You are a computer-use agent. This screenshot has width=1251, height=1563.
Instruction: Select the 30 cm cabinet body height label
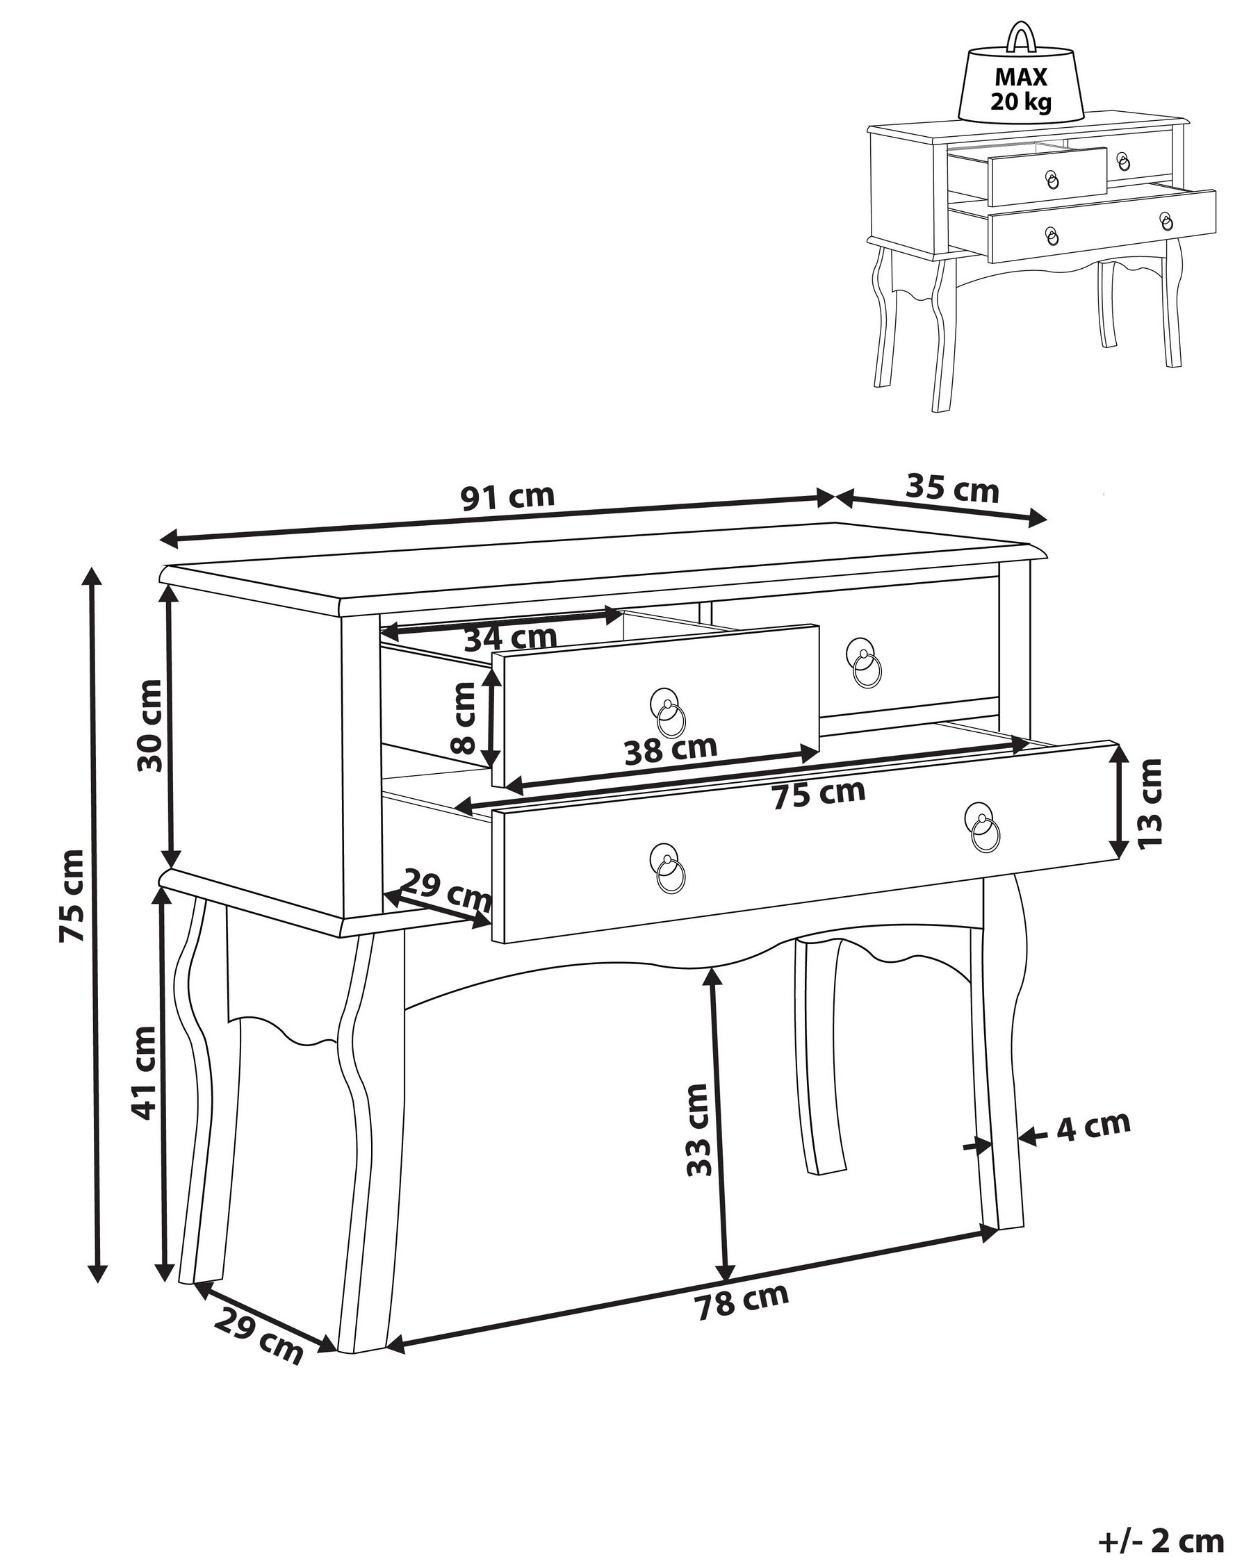pos(151,725)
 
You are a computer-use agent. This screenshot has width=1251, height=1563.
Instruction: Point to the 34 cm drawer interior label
pos(510,638)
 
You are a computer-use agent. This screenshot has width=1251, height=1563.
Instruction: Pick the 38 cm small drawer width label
pos(671,750)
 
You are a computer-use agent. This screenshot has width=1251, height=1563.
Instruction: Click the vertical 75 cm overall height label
pos(72,896)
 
